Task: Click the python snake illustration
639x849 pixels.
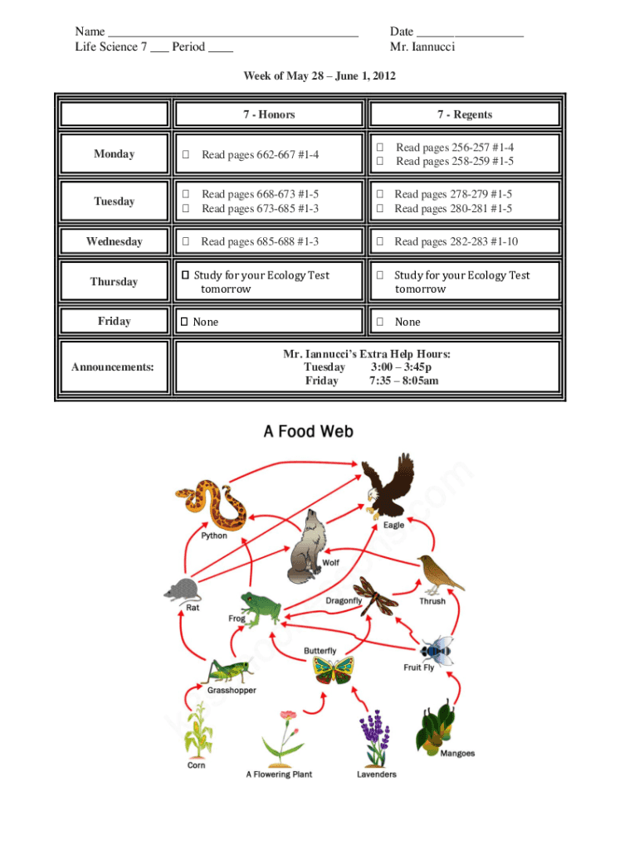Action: [x=211, y=504]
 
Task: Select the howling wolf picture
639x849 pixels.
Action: [x=305, y=546]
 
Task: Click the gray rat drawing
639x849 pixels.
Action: [x=182, y=590]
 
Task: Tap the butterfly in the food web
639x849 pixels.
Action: [x=334, y=669]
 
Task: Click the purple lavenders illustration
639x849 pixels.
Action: [x=375, y=737]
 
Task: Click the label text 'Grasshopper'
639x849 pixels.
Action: [x=232, y=691]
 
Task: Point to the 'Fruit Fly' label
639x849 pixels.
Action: [x=418, y=667]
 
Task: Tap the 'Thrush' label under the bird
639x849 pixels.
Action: [x=432, y=601]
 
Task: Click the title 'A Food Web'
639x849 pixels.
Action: [x=308, y=431]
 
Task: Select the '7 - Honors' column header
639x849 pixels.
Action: [x=269, y=114]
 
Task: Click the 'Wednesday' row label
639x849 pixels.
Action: [x=114, y=242]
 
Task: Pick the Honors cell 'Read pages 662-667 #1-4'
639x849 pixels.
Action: [x=260, y=154]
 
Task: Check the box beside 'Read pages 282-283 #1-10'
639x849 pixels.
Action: [x=379, y=242]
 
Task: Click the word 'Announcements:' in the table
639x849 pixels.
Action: [x=112, y=366]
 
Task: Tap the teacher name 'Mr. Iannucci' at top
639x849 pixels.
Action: [x=422, y=46]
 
